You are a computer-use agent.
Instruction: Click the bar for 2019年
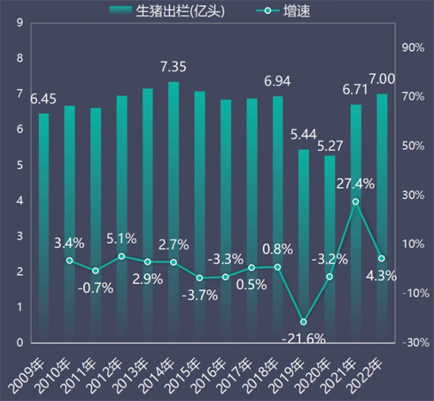click(304, 246)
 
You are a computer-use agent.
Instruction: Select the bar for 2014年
click(174, 210)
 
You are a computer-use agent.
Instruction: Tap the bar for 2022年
click(382, 217)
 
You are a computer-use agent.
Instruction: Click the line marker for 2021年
click(355, 202)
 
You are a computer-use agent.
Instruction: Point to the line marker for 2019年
click(304, 322)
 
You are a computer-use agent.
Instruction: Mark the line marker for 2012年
click(122, 256)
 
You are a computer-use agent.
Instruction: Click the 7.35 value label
click(174, 67)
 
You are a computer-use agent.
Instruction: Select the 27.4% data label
click(355, 184)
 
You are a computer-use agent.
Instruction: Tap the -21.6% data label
click(304, 338)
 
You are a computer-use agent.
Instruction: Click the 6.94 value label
click(277, 81)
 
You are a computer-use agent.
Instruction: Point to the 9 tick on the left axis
click(17, 23)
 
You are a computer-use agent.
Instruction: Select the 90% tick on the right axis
click(412, 47)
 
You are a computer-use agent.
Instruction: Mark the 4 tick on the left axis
click(17, 201)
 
